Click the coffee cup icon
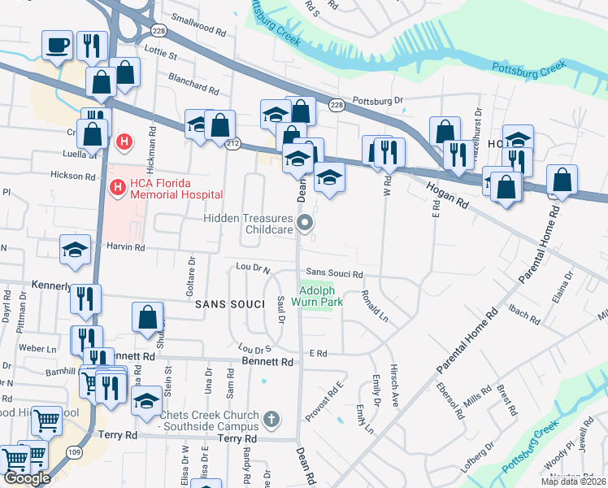pos(58,46)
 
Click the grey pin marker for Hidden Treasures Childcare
pos(306,223)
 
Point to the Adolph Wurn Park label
pos(321,296)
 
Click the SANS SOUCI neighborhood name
pos(230,303)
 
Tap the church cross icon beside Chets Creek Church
pos(271,420)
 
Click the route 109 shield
pos(75,452)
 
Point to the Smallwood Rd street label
pos(198,28)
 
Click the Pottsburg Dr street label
pos(378,102)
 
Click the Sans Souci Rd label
pos(333,275)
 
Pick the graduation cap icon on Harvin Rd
pos(75,250)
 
